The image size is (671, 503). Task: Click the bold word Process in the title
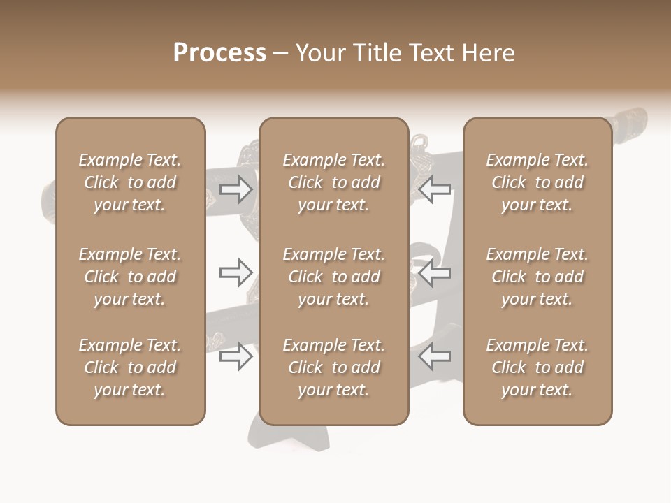(219, 53)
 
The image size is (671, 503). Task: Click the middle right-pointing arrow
(236, 272)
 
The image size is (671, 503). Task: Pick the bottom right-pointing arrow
(236, 357)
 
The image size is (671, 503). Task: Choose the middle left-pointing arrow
(434, 272)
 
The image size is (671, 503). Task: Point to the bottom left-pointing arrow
(434, 357)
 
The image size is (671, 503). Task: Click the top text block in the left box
(130, 182)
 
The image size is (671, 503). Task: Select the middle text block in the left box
(130, 277)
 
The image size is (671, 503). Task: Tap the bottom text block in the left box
(130, 367)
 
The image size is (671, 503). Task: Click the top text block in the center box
(333, 182)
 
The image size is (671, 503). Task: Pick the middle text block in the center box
(333, 277)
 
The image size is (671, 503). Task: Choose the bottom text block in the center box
(333, 367)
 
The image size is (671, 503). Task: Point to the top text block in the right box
(537, 182)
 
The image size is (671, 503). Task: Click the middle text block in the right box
(537, 277)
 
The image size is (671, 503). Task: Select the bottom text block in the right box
(537, 367)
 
